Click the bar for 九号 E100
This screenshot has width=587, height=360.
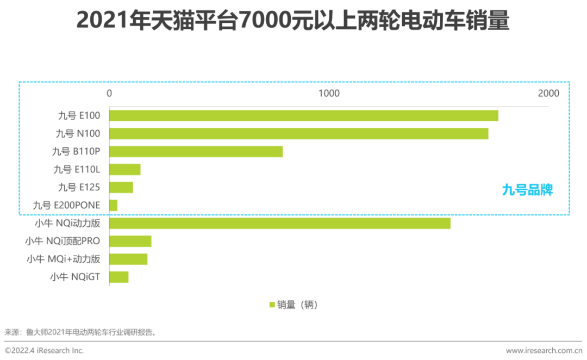click(x=303, y=115)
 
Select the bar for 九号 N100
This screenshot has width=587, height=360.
click(x=298, y=133)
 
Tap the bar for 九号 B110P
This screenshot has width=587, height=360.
click(x=196, y=151)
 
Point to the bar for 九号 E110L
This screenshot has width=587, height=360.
click(x=124, y=169)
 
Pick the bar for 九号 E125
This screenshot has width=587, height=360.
click(x=121, y=187)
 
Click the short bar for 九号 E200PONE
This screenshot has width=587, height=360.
click(x=113, y=205)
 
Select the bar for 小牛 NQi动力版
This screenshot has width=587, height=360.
click(x=279, y=223)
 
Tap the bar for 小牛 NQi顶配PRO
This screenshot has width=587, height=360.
click(x=130, y=241)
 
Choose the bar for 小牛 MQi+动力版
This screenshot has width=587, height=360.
click(x=128, y=259)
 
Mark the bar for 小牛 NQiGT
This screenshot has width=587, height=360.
click(x=118, y=277)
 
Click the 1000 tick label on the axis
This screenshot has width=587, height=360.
click(x=329, y=94)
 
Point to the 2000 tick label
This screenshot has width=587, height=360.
click(x=548, y=94)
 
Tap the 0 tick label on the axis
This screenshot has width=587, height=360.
click(x=109, y=94)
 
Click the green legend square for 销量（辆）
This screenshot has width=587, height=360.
click(x=272, y=305)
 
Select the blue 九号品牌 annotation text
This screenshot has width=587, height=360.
click(x=527, y=190)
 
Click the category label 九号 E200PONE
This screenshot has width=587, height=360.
click(x=66, y=205)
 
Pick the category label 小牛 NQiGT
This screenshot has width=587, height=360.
click(x=75, y=277)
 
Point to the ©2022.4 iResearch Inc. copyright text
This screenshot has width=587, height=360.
click(x=45, y=351)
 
